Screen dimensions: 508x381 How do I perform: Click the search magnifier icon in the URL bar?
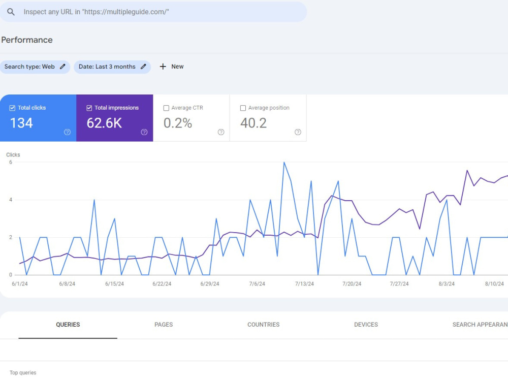pos(11,12)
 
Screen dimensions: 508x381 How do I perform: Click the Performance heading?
pos(27,40)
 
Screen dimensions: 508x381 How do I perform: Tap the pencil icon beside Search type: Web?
pos(62,67)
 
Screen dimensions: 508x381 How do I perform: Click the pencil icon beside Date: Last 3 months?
pos(143,67)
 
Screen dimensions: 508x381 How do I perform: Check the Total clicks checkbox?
pos(12,108)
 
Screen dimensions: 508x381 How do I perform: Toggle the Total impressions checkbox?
pos(89,108)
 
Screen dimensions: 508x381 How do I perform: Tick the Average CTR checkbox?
pos(166,108)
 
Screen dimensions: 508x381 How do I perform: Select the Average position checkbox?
pos(243,108)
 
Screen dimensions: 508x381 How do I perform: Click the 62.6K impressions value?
pos(104,123)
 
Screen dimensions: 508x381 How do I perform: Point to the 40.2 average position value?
pos(253,123)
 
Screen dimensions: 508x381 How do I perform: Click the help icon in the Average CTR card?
pos(221,132)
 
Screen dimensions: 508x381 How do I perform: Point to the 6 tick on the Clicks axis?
pos(11,162)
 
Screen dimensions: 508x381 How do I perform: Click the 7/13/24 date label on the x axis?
pos(304,284)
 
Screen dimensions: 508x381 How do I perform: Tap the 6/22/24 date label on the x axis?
pos(162,284)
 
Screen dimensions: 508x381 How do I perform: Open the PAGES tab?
pos(164,325)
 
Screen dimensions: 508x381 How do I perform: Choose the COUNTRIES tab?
pos(263,325)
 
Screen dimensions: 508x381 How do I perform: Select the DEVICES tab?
pos(366,325)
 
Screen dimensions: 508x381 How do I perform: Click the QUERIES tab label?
pos(68,325)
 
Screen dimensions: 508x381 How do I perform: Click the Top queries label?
pos(23,373)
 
